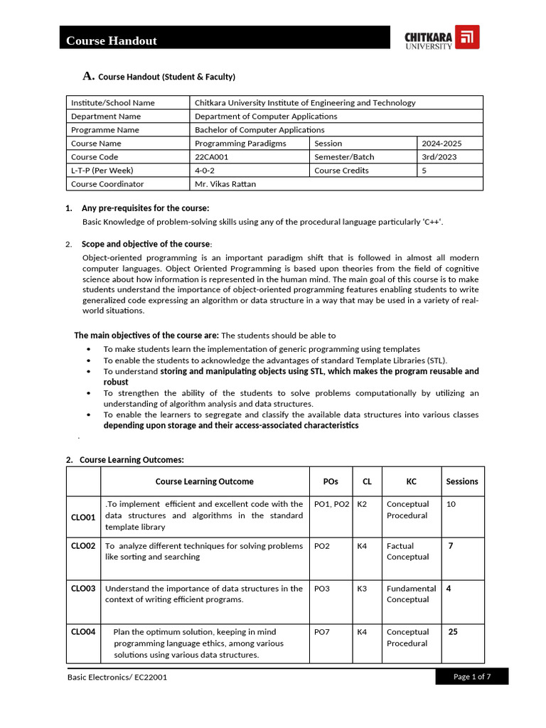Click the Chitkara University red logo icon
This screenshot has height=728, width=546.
click(x=467, y=37)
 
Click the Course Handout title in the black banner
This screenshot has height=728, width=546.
click(x=112, y=41)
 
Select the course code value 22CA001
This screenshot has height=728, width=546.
click(x=212, y=157)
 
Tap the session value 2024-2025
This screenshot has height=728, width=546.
click(x=441, y=144)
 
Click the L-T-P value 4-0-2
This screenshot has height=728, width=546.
click(x=207, y=171)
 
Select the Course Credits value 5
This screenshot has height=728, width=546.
click(x=424, y=171)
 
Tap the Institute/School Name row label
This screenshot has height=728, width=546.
click(x=112, y=103)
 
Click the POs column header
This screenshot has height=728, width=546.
click(x=330, y=481)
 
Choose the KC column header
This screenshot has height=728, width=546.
click(x=411, y=481)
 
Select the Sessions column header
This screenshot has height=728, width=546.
click(x=462, y=481)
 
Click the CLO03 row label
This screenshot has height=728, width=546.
click(x=83, y=589)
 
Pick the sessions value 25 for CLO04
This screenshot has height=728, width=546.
click(x=453, y=631)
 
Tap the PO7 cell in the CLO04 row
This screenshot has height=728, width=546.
click(x=321, y=632)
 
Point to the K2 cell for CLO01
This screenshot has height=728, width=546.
click(x=362, y=504)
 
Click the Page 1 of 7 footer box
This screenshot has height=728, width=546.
click(x=472, y=677)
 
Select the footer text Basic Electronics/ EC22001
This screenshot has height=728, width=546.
click(x=117, y=678)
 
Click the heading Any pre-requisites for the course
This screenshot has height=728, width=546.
click(x=145, y=208)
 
